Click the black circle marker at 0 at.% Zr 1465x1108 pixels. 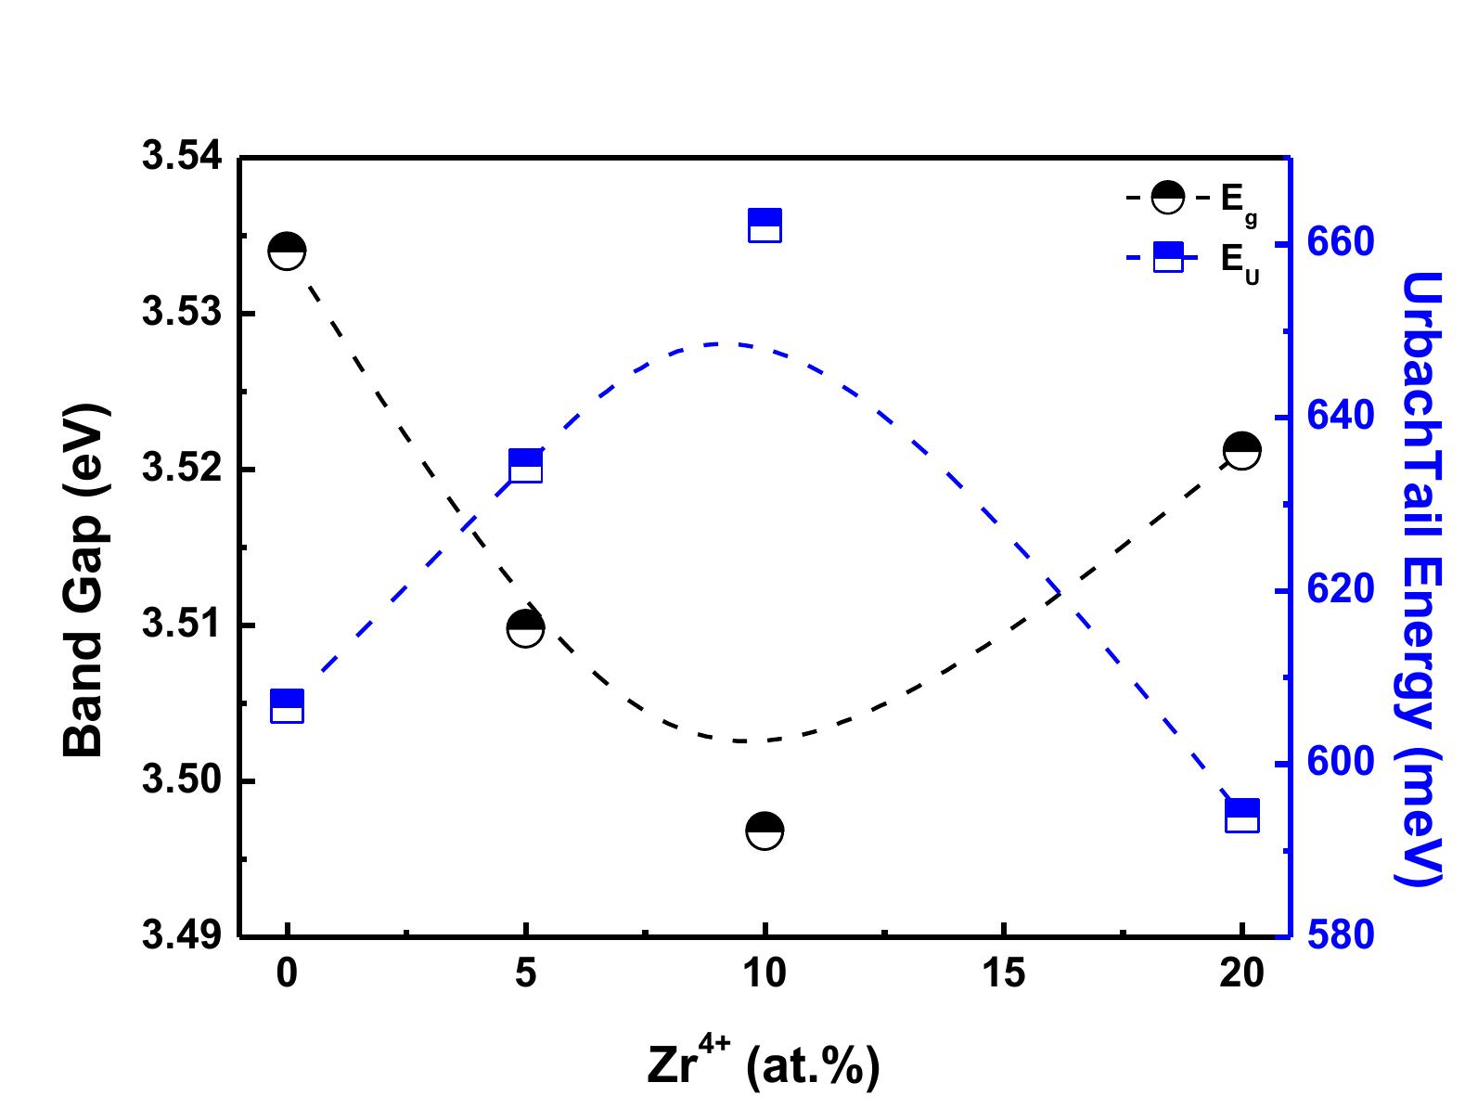pos(287,251)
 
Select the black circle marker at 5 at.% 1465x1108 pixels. pos(525,628)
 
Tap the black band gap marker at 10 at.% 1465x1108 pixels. pos(765,830)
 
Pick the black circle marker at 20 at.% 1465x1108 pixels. pos(1241,451)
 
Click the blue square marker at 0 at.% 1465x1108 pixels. pos(287,706)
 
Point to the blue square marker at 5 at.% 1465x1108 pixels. pos(526,466)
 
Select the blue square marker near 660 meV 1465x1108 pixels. pos(765,225)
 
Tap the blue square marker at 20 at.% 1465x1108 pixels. pos(1242,816)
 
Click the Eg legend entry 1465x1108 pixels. pos(1192,199)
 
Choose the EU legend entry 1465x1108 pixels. pos(1192,258)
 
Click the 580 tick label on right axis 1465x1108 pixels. pos(1340,936)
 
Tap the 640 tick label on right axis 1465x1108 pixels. pos(1340,417)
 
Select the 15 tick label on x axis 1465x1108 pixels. pos(1003,973)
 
